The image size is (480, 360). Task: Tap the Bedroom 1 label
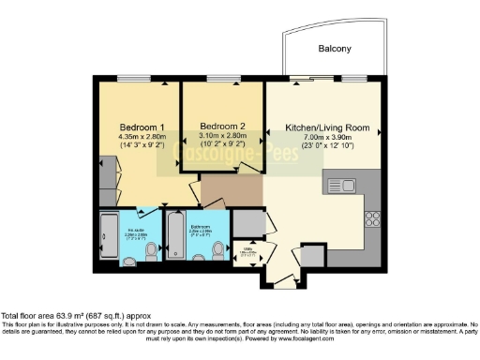[x=142, y=127]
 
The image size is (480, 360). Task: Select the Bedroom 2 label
[x=222, y=126]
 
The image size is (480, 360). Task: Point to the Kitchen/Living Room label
[x=327, y=127]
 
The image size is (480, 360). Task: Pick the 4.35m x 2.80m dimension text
[x=142, y=137]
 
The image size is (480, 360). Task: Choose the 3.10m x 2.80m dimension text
[x=222, y=136]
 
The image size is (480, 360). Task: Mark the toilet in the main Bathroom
[x=217, y=250]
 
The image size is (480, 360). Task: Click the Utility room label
[x=246, y=251]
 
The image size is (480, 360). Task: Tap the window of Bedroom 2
[x=223, y=82]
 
